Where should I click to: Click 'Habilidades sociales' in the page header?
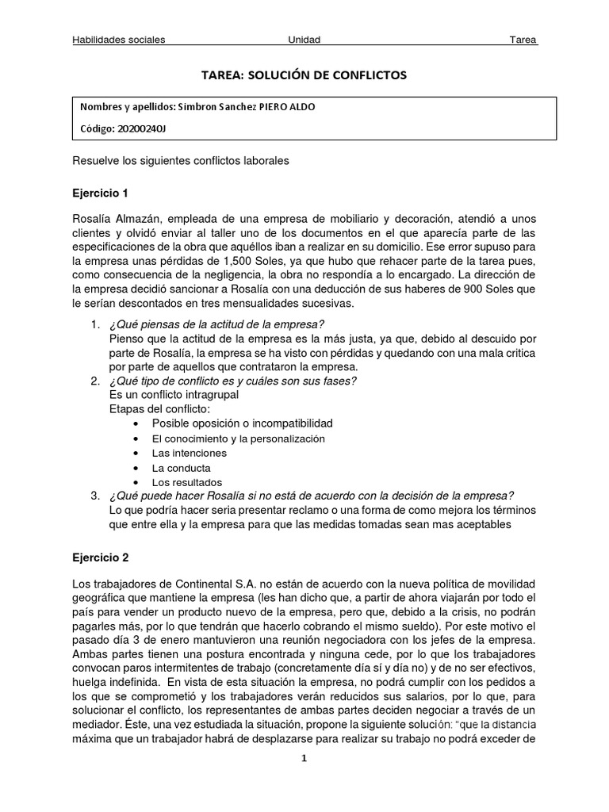[118, 40]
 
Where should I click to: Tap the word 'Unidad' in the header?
[304, 40]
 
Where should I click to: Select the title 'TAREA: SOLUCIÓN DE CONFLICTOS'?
[304, 75]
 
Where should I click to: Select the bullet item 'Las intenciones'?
[189, 453]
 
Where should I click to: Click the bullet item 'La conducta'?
[181, 468]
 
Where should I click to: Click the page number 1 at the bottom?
[304, 757]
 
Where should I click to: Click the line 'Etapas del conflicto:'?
[159, 408]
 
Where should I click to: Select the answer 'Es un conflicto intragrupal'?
[173, 394]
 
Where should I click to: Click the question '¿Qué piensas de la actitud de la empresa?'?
[216, 324]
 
